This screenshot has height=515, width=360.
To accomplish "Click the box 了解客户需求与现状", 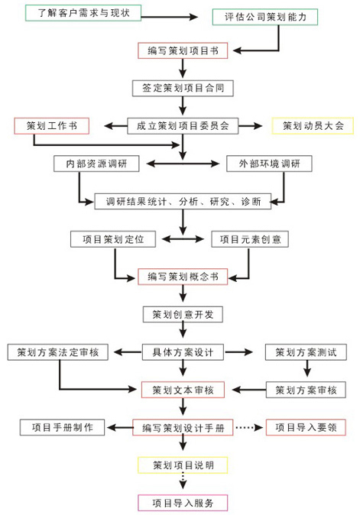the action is (83, 13).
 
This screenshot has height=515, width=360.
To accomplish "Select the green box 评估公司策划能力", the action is (265, 17).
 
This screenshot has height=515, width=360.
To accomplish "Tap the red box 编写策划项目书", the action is (183, 50).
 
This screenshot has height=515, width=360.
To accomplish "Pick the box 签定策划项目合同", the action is (183, 88).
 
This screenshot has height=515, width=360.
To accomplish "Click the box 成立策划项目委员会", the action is (183, 126).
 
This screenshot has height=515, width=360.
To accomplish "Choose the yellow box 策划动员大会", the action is (313, 126).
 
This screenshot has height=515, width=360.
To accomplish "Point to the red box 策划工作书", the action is (51, 126).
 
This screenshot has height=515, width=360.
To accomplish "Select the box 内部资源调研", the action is (96, 164).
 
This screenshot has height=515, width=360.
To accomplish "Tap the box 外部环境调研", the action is (269, 164).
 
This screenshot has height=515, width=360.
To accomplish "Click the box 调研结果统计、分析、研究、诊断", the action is (183, 201).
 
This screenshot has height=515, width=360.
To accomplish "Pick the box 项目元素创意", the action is (250, 239).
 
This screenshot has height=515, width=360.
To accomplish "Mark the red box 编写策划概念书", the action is (183, 277).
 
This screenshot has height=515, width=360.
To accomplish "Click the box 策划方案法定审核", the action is (58, 352).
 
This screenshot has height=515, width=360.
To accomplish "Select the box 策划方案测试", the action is (306, 352).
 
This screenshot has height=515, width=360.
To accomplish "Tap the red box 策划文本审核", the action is (183, 390).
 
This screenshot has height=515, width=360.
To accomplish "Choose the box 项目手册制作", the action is (63, 427).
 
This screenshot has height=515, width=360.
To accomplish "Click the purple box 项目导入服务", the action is (183, 503).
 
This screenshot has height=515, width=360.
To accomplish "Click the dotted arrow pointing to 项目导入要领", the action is (249, 428).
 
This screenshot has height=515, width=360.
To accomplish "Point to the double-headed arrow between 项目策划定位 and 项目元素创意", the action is (183, 239).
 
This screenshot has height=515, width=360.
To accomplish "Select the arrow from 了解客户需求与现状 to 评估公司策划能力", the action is (170, 16).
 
